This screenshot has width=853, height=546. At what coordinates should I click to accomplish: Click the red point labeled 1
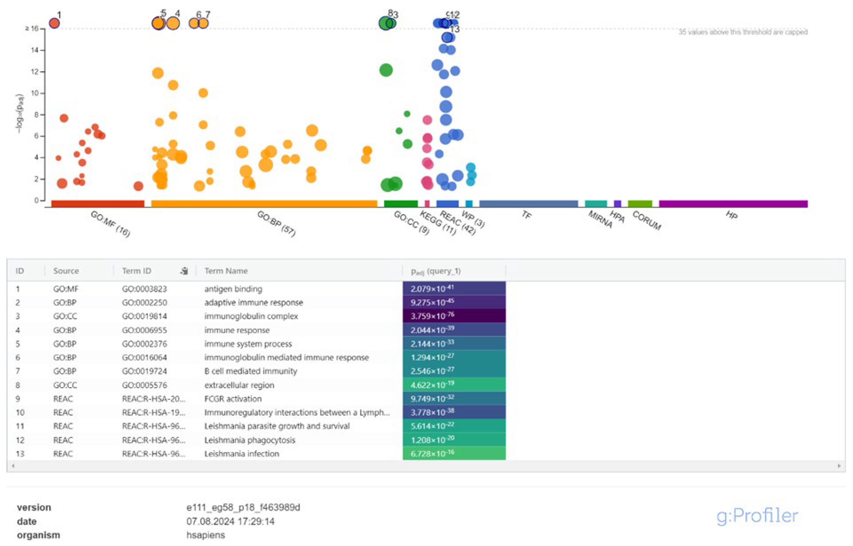54,23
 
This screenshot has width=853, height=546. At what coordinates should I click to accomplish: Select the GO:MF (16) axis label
110,224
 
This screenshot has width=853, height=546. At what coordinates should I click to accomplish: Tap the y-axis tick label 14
34,50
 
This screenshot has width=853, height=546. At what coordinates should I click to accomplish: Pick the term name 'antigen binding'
233,289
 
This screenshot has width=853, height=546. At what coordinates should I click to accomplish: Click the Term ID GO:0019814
144,316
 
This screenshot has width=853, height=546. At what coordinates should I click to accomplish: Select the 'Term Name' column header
226,271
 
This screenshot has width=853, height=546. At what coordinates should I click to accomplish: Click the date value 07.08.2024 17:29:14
230,521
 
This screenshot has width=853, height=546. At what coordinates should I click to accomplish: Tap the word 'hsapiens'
205,535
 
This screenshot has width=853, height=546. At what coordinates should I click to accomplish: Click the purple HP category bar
733,204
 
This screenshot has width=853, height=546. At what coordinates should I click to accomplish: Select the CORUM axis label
647,220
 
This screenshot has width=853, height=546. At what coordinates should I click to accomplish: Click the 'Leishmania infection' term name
241,454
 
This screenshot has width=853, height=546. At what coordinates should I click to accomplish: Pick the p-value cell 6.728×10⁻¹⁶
454,454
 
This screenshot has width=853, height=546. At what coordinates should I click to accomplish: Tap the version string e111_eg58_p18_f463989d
243,507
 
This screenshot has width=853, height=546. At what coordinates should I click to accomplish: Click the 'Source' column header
66,271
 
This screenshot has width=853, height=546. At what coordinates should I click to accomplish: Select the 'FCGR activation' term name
233,399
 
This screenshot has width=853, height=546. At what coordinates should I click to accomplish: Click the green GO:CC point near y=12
386,70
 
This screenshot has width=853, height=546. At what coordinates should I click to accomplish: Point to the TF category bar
528,204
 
